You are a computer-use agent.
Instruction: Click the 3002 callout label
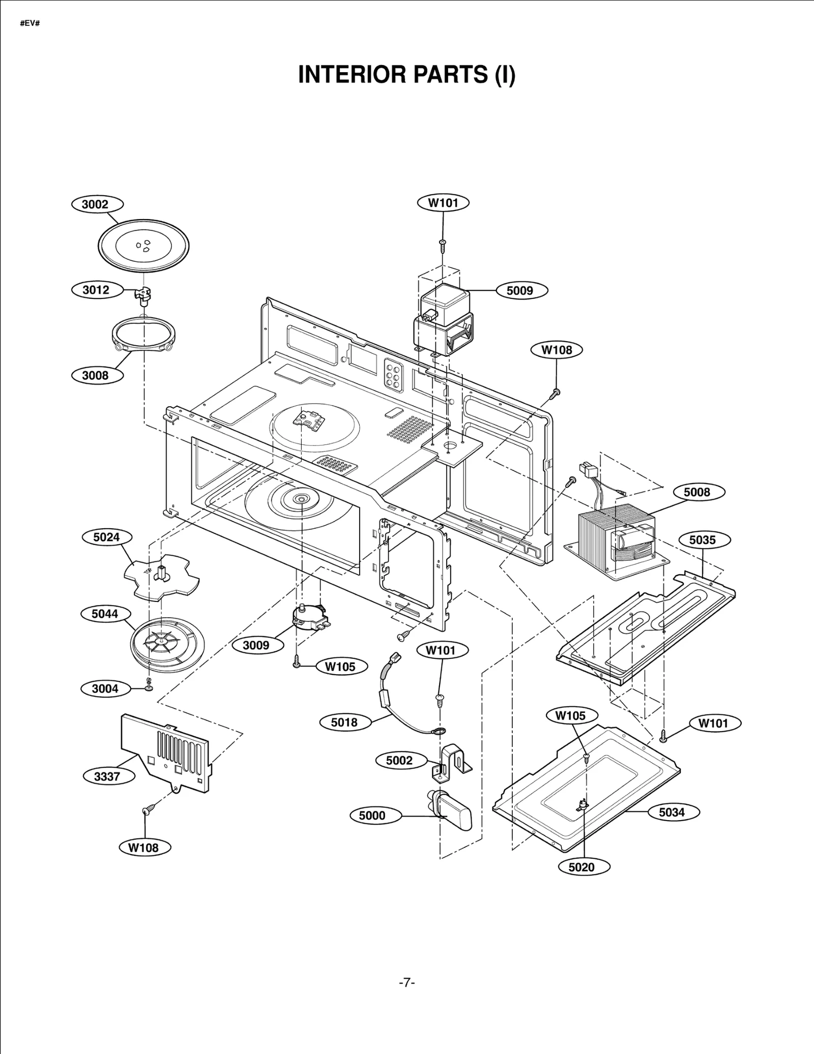tap(95, 204)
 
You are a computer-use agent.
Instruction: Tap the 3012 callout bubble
tap(96, 290)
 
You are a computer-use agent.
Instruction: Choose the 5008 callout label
tap(696, 492)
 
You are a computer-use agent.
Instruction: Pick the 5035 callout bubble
tap(703, 540)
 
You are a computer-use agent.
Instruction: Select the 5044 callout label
tap(105, 614)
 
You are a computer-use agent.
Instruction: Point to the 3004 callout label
tap(105, 688)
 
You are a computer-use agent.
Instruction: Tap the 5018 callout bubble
tap(344, 722)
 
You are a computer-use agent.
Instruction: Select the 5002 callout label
tap(399, 761)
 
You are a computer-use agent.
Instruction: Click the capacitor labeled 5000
tap(451, 814)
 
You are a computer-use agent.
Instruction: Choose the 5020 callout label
tap(582, 867)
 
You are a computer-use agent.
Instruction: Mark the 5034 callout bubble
tap(672, 812)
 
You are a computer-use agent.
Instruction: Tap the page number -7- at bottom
tap(407, 983)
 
